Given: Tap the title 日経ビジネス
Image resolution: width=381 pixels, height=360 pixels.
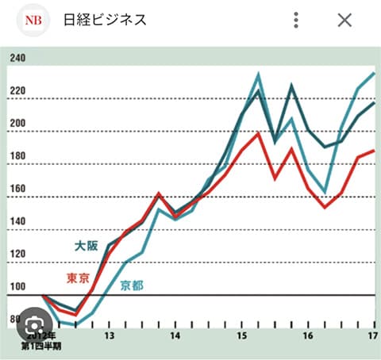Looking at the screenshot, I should [105, 20].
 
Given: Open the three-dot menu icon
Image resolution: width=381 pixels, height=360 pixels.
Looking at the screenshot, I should [295, 20].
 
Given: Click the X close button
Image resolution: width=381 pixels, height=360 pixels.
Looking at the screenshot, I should [344, 20].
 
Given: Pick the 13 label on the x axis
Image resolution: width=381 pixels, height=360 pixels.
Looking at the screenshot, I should [109, 336].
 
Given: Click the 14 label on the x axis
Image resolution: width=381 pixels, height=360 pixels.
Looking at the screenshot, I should [175, 336].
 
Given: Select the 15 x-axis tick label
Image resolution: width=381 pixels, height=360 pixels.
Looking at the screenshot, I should [241, 336].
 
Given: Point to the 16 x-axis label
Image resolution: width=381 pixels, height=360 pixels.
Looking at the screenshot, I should [306, 336].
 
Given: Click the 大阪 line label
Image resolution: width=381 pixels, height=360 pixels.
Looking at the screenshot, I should [87, 246].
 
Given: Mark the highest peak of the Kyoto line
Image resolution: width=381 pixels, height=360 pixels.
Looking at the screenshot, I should [259, 75].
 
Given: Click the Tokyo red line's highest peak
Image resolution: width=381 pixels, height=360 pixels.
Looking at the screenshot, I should [259, 133].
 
